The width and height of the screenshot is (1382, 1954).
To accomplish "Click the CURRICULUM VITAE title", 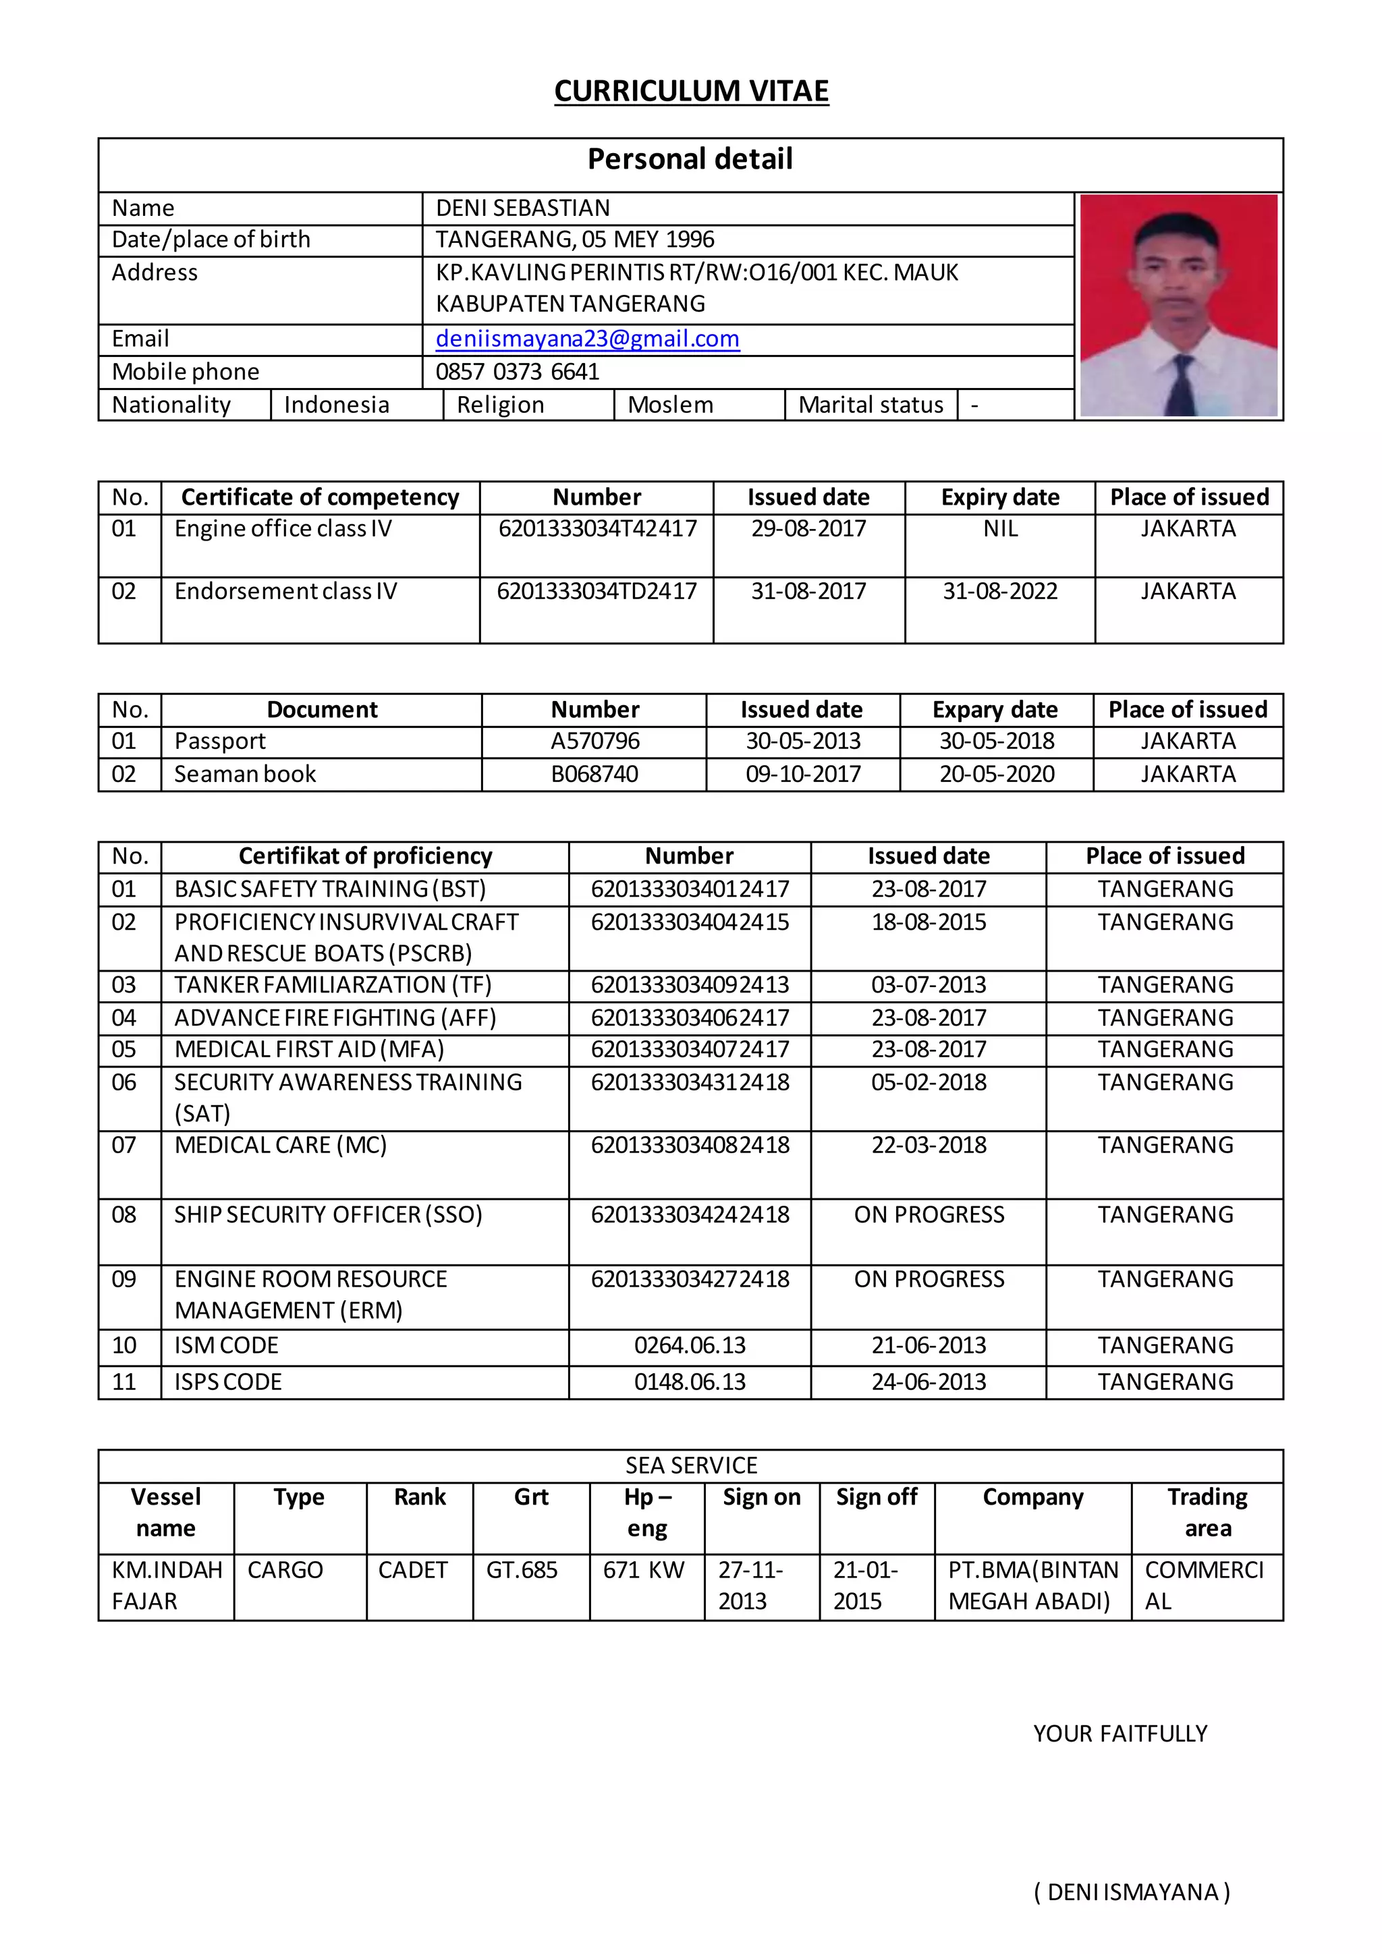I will tap(691, 91).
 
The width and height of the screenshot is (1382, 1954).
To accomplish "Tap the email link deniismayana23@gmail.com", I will tap(587, 339).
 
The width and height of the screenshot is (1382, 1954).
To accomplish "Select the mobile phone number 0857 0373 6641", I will tap(518, 372).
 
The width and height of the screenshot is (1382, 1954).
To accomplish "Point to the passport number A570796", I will tap(595, 742).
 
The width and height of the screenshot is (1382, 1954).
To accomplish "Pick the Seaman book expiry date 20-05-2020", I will tap(997, 775).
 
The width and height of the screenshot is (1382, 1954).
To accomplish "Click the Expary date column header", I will tap(995, 710).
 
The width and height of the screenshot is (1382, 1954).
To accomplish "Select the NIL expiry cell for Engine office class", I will tap(1000, 530).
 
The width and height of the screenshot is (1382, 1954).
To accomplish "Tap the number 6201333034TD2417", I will tap(597, 592).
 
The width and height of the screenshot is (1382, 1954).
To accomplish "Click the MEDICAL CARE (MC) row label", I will tap(281, 1146).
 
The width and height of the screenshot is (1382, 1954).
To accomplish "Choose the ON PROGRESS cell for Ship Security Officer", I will tap(929, 1215).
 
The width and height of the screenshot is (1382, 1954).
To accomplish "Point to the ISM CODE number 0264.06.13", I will tap(689, 1345).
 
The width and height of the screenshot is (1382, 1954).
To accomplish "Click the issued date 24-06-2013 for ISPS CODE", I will tap(929, 1382).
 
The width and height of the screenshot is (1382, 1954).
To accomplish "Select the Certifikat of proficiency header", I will tap(365, 856).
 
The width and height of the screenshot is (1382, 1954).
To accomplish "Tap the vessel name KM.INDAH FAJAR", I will tap(166, 1586).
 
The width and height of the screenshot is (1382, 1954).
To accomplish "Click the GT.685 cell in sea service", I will tap(522, 1570).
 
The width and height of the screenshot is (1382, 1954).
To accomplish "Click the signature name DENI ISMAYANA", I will tap(1132, 1892).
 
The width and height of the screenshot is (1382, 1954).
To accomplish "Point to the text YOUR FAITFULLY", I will tap(1120, 1733).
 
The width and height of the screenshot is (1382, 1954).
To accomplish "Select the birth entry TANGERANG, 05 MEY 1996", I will tap(575, 240).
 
